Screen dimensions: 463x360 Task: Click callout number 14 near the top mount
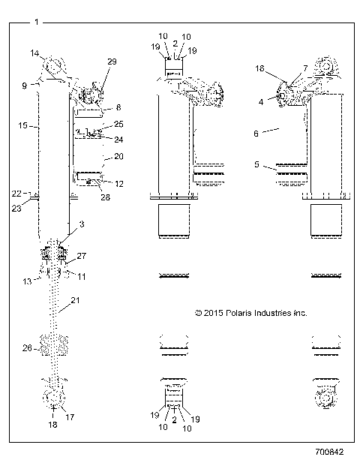point(34,53)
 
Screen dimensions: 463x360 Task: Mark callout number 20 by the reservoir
point(118,157)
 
